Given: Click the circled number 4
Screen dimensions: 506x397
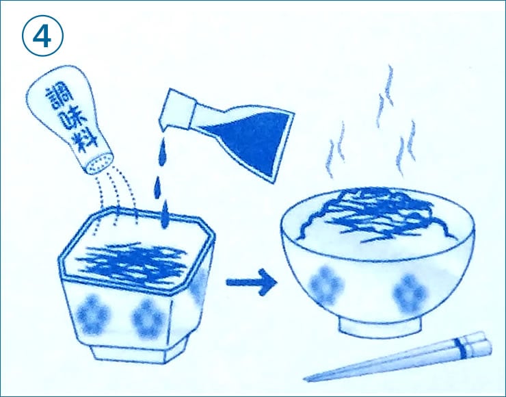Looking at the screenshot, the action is click(42, 36).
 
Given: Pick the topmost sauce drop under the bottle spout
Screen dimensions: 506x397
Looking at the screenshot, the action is click(163, 152).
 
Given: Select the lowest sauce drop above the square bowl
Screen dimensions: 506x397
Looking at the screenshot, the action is click(165, 215).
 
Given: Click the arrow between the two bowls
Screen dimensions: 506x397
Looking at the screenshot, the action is click(252, 282).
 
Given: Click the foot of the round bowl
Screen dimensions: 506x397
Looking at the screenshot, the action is click(380, 325).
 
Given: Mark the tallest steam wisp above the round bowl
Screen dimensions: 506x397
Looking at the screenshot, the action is click(386, 97).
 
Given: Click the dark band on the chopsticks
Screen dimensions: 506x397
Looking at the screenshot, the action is click(460, 348).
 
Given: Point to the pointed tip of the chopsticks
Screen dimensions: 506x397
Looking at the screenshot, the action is click(305, 379).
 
